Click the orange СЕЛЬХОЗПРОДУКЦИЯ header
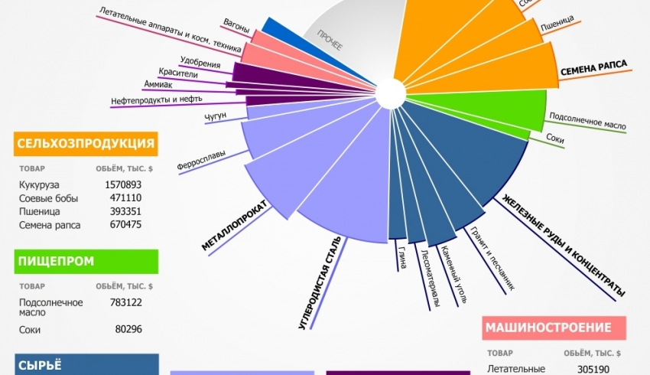tap(86, 143)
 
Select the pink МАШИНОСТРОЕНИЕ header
tap(554, 328)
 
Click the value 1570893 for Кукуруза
tap(123, 184)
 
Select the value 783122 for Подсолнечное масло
tap(123, 302)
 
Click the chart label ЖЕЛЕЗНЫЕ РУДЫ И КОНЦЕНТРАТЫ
tap(564, 245)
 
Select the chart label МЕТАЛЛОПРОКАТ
tap(233, 227)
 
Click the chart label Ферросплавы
tap(201, 163)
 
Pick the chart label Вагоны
tap(236, 28)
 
